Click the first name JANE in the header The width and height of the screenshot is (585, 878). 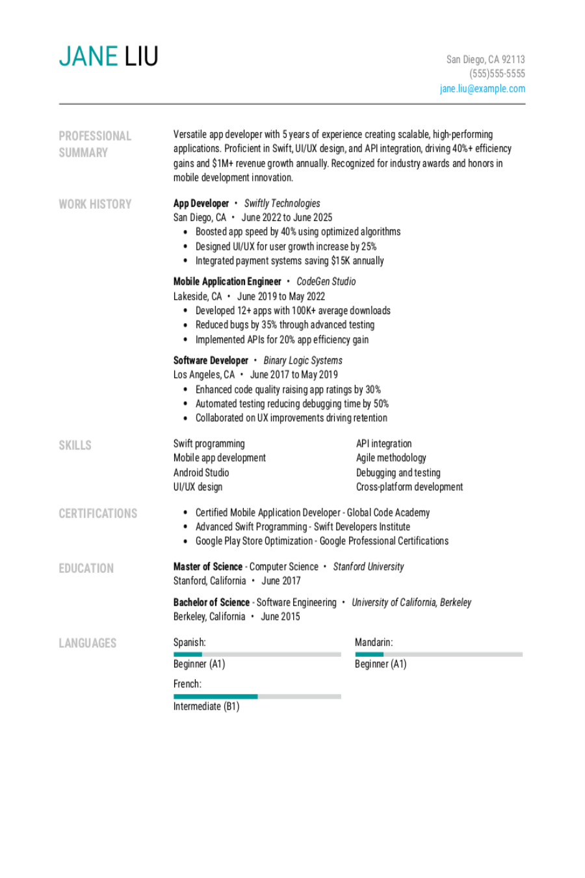point(88,57)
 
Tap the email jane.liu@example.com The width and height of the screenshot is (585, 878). point(482,88)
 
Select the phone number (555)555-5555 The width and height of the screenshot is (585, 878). point(497,73)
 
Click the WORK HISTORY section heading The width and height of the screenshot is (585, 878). point(95,204)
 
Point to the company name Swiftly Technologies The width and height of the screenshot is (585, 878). point(282,203)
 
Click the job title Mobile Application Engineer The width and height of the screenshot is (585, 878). point(227,282)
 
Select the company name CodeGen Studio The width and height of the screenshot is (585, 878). point(326,282)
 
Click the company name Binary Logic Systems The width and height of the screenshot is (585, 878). point(303,360)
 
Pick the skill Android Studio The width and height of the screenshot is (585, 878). point(201,473)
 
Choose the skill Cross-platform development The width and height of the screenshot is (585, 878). point(409,487)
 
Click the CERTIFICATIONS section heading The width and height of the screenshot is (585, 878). point(98,514)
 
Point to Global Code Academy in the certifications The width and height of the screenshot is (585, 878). point(388,512)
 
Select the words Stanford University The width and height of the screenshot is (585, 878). point(369,566)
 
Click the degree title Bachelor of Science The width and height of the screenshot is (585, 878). point(211,602)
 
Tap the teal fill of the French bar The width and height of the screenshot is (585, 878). point(215,697)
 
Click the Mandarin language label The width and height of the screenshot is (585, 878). point(374,643)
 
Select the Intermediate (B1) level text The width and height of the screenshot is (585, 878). point(206,706)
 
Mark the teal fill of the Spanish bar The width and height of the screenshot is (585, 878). point(187,654)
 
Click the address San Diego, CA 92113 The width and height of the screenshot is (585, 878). point(486,59)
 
